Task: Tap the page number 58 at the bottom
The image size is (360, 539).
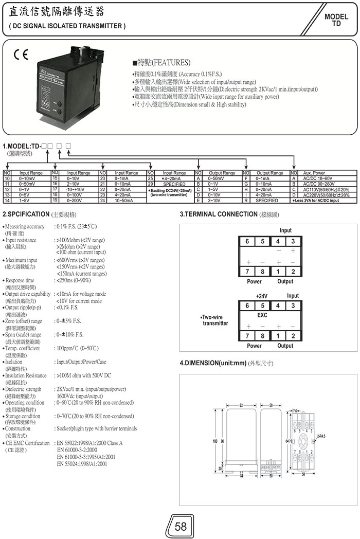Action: [x=181, y=526]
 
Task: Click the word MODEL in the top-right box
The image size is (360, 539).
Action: [x=336, y=17]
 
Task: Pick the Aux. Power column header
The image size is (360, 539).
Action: [x=314, y=173]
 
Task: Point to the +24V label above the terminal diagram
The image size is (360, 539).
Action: [x=263, y=296]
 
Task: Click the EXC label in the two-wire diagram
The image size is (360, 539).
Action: [x=262, y=314]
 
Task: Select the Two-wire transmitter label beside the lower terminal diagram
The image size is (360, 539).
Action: [x=215, y=320]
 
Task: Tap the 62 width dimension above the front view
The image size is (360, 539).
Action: [x=241, y=406]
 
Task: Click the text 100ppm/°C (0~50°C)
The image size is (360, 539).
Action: [x=77, y=348]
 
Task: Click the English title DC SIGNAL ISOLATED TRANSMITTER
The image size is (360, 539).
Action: [x=67, y=26]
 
